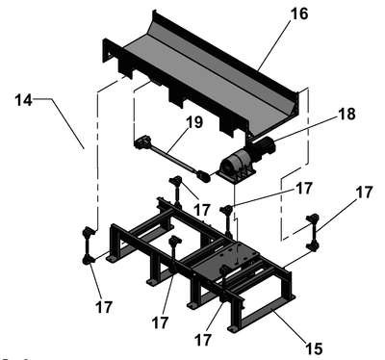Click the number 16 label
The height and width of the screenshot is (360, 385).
coord(299,13)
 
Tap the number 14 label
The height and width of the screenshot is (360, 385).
coord(23,100)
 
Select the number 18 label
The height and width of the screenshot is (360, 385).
coord(346,114)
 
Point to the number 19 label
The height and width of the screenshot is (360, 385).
coord(194,122)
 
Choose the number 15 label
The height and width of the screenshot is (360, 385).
coord(313,348)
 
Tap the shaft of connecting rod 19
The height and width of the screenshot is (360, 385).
coord(171,158)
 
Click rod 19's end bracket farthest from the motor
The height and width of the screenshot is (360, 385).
coord(142,142)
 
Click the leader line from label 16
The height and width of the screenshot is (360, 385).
coord(273,45)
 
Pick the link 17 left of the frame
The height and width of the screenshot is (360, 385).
coord(89,245)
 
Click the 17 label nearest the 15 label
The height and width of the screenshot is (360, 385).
coord(203,340)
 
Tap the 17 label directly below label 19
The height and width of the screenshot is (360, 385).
coord(202,211)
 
